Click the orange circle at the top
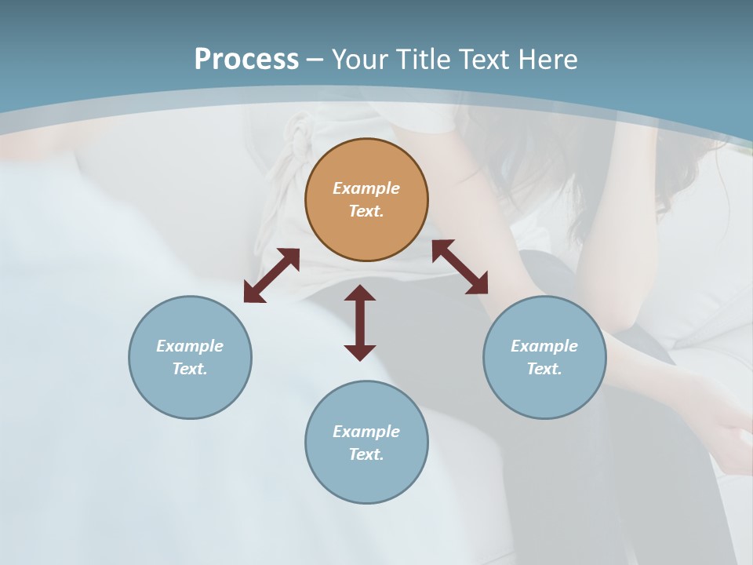pyautogui.click(x=366, y=200)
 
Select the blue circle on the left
pyautogui.click(x=190, y=357)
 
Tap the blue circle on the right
pyautogui.click(x=544, y=357)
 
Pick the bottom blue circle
pyautogui.click(x=366, y=443)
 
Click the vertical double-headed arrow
pyautogui.click(x=360, y=323)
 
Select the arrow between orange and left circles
pyautogui.click(x=271, y=275)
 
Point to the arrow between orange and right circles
pyautogui.click(x=460, y=267)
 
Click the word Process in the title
pyautogui.click(x=246, y=59)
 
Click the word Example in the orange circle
pyautogui.click(x=366, y=188)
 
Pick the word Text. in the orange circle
pyautogui.click(x=366, y=211)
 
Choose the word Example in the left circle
pyautogui.click(x=190, y=346)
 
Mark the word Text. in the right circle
pyautogui.click(x=544, y=369)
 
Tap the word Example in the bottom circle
pyautogui.click(x=366, y=432)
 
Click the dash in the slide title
pyautogui.click(x=315, y=60)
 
